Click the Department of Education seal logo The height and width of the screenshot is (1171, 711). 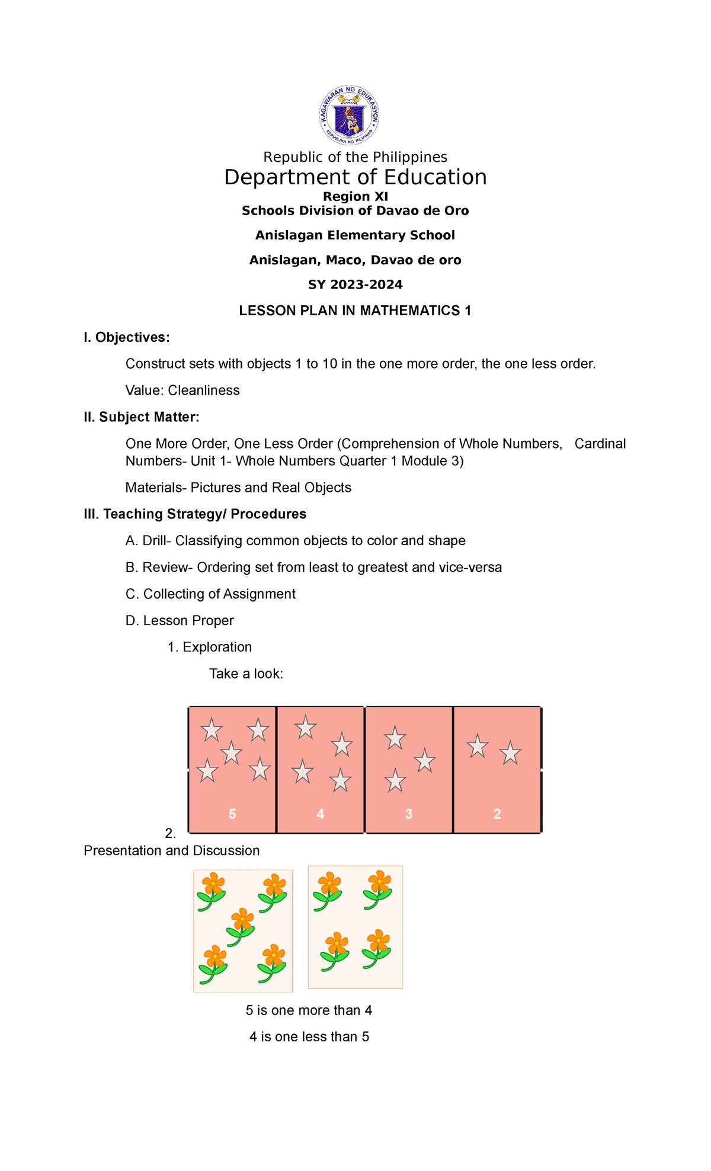(350, 115)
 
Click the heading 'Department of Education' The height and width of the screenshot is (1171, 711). (355, 177)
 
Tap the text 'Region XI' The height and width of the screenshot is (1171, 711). (355, 196)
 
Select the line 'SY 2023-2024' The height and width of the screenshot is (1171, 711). (355, 285)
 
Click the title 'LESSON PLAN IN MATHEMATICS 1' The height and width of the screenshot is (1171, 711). (355, 311)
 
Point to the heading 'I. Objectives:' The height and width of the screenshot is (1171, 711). (127, 338)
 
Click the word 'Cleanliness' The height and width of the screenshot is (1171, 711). (203, 391)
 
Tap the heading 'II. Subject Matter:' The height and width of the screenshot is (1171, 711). (142, 417)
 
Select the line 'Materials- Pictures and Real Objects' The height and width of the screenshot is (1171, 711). (238, 488)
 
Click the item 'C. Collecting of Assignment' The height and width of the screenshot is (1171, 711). (210, 594)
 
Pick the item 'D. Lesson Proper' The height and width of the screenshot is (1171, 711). (180, 620)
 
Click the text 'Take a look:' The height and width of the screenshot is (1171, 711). (246, 674)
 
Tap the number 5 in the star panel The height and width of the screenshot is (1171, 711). (232, 814)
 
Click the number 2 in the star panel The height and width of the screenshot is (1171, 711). (497, 814)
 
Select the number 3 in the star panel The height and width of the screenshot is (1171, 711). (409, 814)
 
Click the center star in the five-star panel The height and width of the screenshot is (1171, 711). (232, 753)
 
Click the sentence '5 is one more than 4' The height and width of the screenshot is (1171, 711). (309, 1010)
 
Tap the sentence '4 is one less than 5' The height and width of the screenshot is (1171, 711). (309, 1037)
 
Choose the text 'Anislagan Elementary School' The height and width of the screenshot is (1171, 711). (355, 235)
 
